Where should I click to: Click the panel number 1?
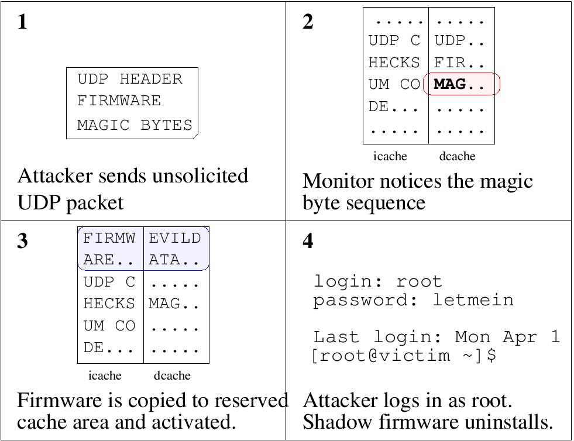click(x=22, y=22)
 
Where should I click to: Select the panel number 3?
click(x=22, y=241)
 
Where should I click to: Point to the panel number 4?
click(x=308, y=241)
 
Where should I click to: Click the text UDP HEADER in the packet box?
click(x=130, y=79)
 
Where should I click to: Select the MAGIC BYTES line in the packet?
click(x=135, y=125)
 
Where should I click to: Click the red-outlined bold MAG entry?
click(x=450, y=84)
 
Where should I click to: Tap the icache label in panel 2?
click(x=390, y=156)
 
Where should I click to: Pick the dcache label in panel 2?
click(x=457, y=156)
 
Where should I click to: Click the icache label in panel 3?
click(x=105, y=375)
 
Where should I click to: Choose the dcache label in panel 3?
click(x=172, y=375)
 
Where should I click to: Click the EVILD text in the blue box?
click(x=174, y=238)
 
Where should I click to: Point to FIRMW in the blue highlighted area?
click(x=109, y=238)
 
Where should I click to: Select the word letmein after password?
click(x=473, y=300)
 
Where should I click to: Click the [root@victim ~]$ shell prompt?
click(x=404, y=356)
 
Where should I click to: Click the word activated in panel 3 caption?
click(x=198, y=422)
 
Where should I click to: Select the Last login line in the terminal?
click(x=436, y=337)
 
